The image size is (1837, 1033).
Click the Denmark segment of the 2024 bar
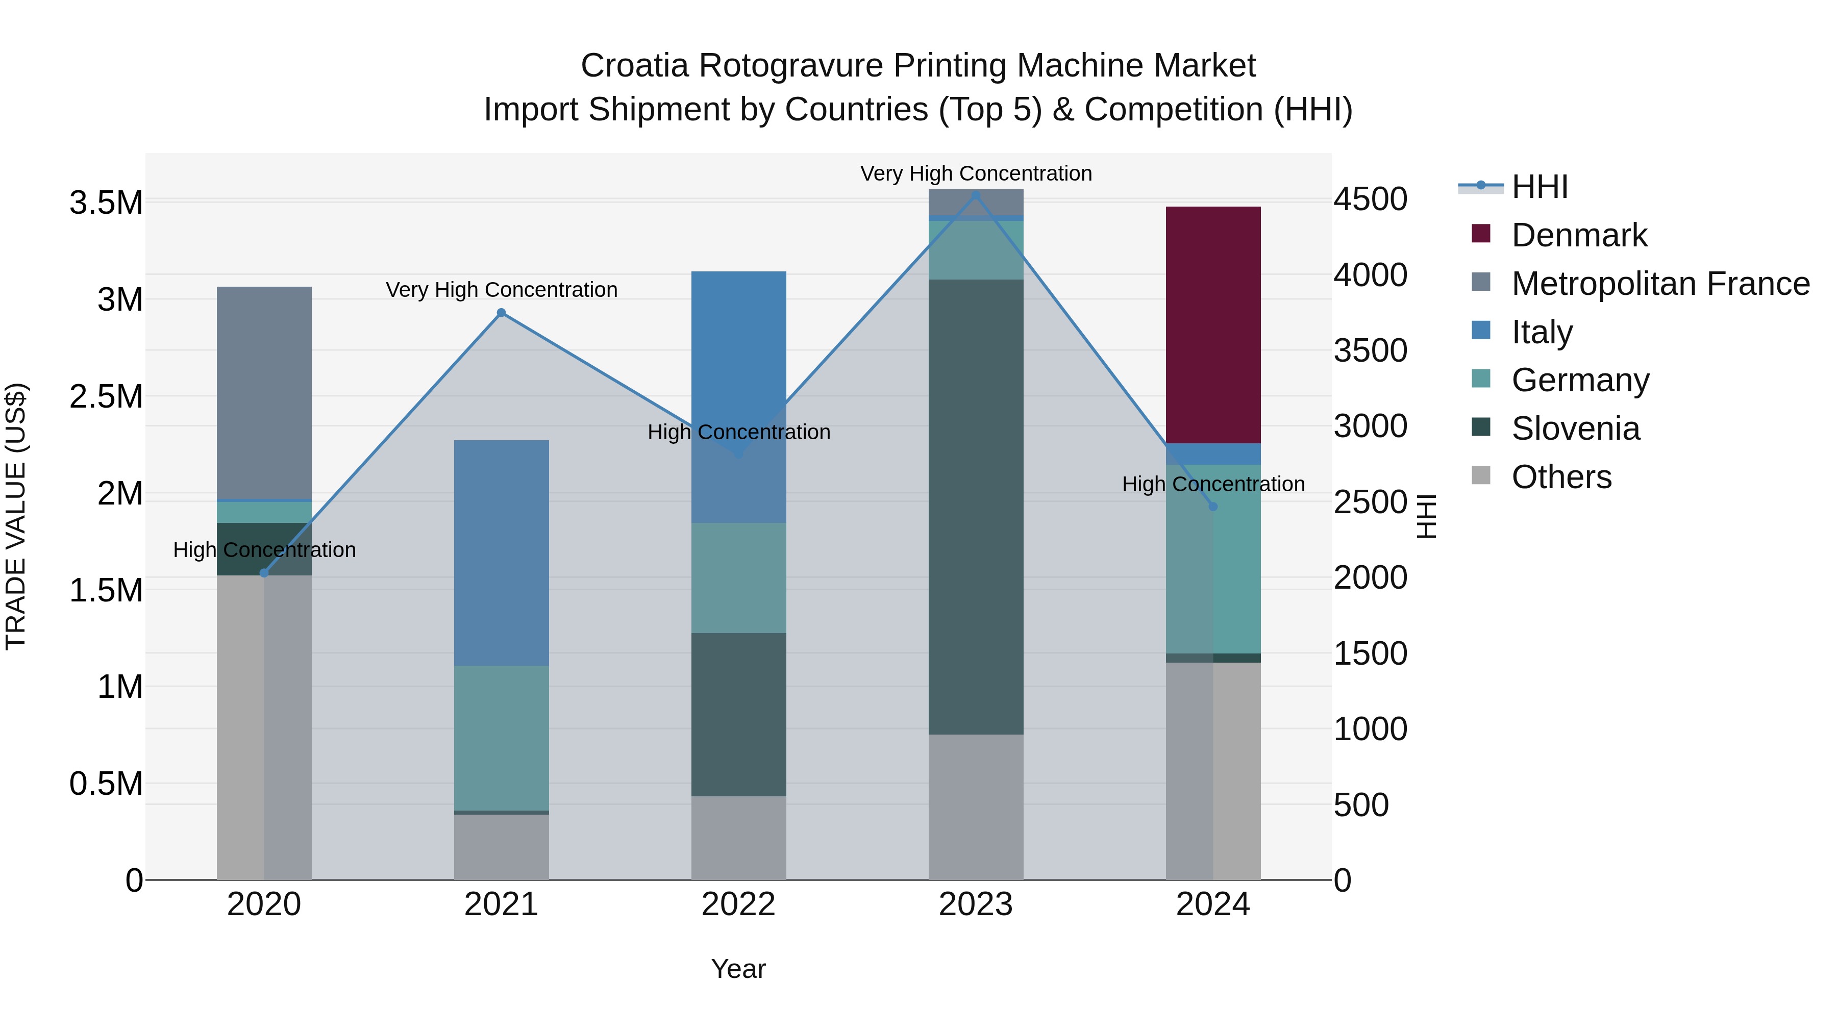point(1212,324)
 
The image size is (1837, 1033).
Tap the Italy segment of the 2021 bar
point(501,552)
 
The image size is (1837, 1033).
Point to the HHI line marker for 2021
point(501,312)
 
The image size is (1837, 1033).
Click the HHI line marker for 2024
point(1212,506)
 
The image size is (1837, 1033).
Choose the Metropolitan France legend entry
point(1659,284)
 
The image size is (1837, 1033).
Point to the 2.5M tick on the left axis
point(106,396)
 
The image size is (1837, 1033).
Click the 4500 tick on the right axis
point(1370,199)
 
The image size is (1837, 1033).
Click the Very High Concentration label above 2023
point(976,173)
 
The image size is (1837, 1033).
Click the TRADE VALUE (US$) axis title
point(16,516)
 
